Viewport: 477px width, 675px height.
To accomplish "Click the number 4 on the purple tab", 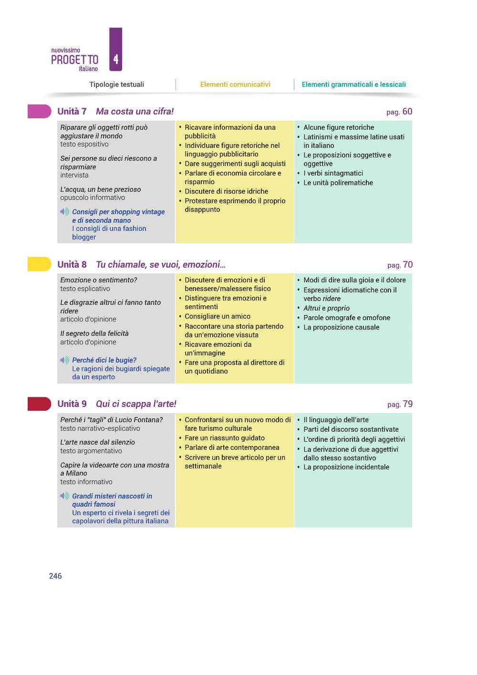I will pos(116,60).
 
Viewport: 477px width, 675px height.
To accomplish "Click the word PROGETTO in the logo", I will pos(74,60).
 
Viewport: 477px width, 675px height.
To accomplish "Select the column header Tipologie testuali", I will pos(116,84).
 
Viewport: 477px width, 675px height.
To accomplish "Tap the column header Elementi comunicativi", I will pos(235,84).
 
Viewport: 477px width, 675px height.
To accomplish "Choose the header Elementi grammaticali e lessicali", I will pos(353,84).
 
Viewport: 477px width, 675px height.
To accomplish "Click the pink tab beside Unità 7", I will pos(39,111).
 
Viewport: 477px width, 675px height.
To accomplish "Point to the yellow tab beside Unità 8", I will pos(39,264).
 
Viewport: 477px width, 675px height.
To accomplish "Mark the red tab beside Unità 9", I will pos(39,404).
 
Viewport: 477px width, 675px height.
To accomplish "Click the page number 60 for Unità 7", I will pos(407,112).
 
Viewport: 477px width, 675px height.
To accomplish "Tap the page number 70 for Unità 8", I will pos(407,265).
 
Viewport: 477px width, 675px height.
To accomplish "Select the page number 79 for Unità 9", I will pos(407,404).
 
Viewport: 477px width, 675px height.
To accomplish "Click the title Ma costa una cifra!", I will pos(135,112).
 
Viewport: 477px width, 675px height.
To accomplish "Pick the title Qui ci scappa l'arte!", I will pos(136,404).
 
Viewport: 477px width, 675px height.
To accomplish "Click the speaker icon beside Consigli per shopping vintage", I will pos(64,212).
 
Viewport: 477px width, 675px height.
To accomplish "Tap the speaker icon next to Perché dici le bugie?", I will pos(64,360).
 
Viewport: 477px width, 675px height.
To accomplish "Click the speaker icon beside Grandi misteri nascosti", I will pos(64,496).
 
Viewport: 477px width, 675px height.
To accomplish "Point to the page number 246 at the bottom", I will pos(55,576).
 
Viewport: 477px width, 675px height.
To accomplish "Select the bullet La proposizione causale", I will pos(341,327).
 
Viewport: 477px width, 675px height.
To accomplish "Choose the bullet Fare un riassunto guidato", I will pos(224,438).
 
